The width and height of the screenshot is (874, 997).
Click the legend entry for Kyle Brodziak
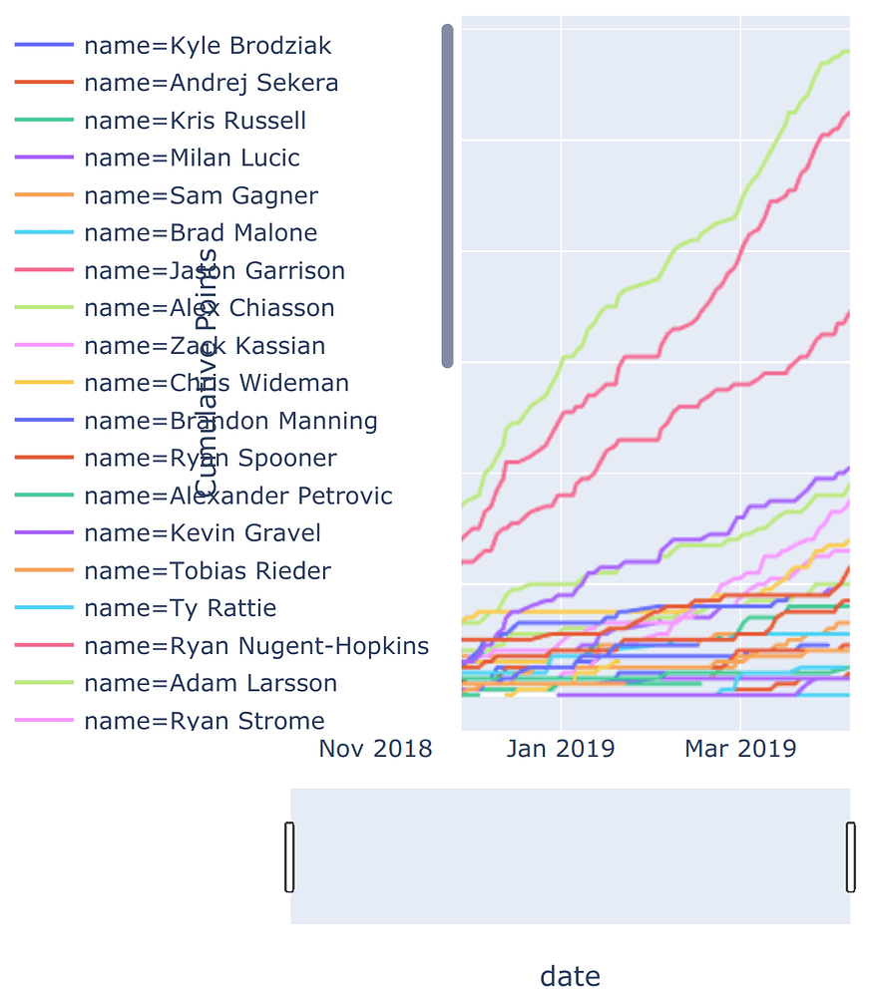(208, 46)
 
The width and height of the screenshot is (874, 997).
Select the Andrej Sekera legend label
(211, 83)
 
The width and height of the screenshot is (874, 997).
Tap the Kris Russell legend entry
(195, 121)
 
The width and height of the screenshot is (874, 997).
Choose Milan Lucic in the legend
(192, 158)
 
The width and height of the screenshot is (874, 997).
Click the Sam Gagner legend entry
(201, 195)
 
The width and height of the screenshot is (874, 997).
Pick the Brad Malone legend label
(201, 233)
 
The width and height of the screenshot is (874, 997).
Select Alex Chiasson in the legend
(209, 308)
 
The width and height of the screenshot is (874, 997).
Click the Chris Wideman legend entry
(217, 383)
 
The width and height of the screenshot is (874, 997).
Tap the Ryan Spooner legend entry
(211, 458)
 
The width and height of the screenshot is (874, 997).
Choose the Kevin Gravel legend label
(203, 533)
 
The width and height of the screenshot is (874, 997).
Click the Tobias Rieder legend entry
(208, 571)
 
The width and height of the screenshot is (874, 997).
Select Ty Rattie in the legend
(180, 608)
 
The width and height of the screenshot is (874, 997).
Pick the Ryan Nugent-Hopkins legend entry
(256, 646)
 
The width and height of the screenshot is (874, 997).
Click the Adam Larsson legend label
(211, 684)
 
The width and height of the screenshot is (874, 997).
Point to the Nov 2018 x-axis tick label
(375, 749)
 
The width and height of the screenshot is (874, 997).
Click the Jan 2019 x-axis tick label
(561, 749)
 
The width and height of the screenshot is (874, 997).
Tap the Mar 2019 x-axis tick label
(740, 749)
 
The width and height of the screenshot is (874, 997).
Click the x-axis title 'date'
(570, 976)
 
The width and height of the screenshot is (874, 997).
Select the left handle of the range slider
(290, 856)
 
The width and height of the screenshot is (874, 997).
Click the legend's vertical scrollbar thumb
(448, 196)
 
